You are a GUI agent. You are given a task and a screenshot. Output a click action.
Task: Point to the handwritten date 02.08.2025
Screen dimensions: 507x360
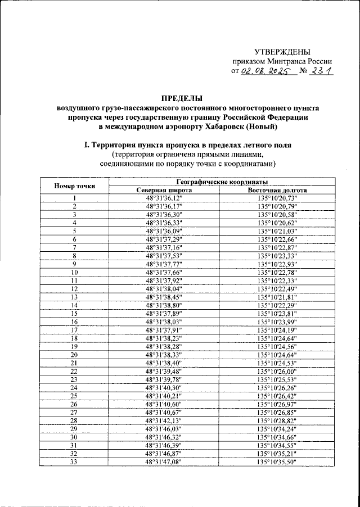coord(264,72)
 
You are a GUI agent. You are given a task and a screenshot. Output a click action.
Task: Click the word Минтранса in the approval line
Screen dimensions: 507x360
coord(281,62)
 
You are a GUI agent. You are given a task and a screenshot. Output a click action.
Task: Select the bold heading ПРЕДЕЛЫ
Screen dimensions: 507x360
coord(179,97)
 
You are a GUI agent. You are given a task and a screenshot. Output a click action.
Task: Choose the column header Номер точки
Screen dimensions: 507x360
coord(74,186)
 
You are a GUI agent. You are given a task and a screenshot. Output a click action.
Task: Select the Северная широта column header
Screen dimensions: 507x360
coord(165,190)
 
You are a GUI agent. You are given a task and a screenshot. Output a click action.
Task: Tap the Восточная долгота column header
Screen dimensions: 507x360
coord(277,190)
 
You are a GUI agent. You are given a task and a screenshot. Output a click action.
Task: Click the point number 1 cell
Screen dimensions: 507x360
coord(74,198)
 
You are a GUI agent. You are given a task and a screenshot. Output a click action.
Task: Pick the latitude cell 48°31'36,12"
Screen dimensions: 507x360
coord(165,198)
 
